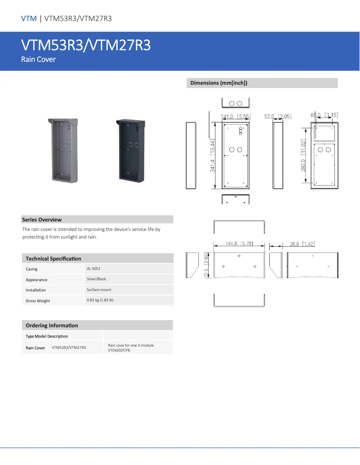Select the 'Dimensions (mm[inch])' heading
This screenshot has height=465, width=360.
(x=219, y=83)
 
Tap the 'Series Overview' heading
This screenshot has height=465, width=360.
(x=42, y=220)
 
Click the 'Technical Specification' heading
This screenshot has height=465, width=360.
(x=53, y=259)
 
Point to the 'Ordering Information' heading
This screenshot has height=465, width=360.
(x=52, y=326)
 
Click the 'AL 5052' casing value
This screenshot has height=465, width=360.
(x=94, y=269)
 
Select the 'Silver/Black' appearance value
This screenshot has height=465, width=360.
(x=97, y=279)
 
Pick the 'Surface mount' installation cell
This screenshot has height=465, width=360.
(x=99, y=290)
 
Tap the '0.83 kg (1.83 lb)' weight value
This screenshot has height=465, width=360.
(x=100, y=300)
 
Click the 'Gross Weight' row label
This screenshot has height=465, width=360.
(x=38, y=301)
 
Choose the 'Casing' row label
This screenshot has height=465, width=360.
(x=31, y=269)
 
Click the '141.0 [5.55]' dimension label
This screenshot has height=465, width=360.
(x=235, y=117)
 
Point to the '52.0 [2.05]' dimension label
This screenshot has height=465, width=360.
(x=278, y=117)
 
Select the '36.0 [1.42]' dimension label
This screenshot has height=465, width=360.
(x=302, y=244)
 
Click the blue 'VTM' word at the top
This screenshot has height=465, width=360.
(x=29, y=18)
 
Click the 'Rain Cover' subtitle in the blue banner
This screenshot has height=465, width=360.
(x=38, y=59)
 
